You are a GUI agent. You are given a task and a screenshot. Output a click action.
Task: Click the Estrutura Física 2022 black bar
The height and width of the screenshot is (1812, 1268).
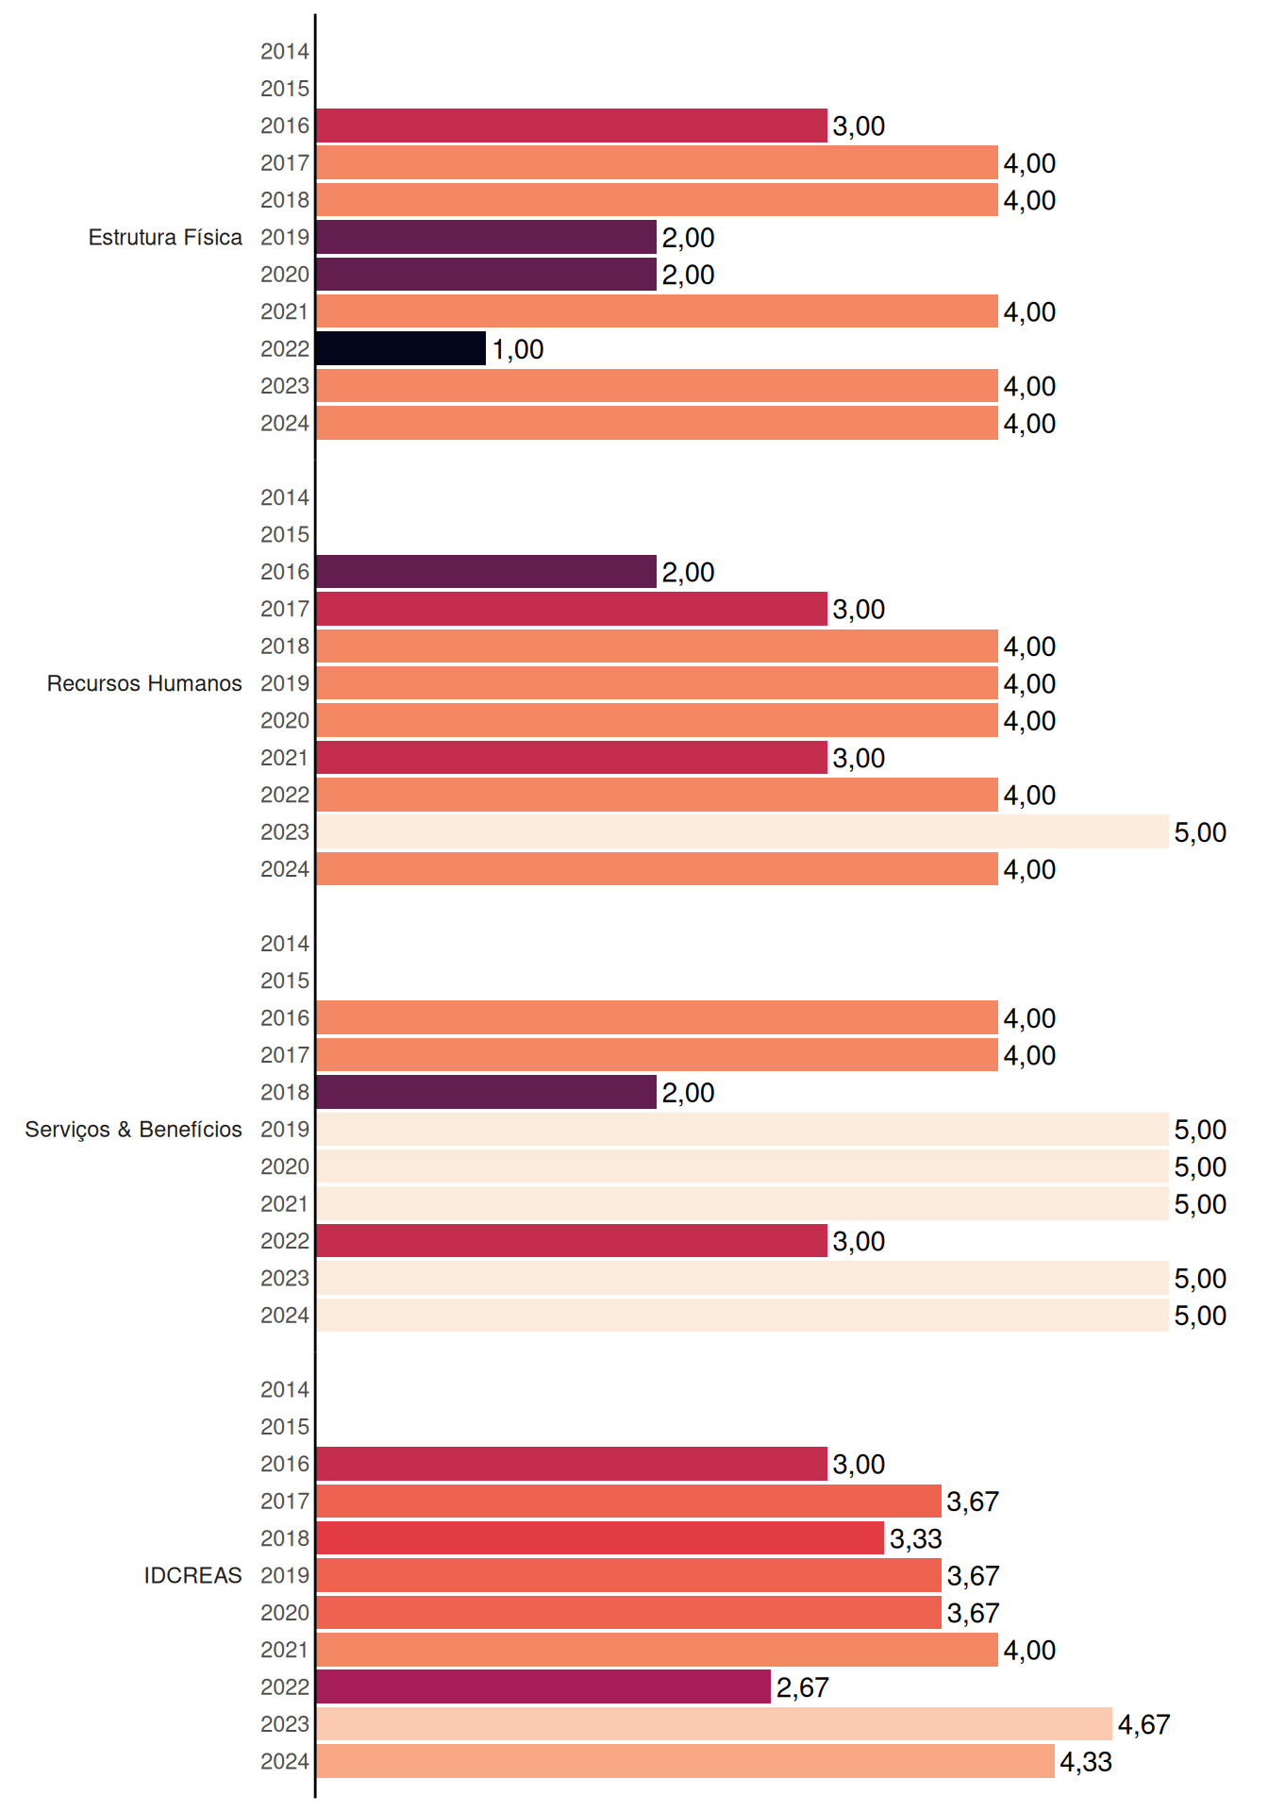[401, 348]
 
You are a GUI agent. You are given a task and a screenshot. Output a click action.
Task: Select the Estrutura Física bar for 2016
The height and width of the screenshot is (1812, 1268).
[572, 126]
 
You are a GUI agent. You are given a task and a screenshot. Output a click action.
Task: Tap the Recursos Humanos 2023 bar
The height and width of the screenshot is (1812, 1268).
[742, 831]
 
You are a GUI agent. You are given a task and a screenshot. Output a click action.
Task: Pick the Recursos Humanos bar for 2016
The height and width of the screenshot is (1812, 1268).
[486, 571]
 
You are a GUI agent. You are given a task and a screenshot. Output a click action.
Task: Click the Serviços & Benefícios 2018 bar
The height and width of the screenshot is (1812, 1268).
[486, 1092]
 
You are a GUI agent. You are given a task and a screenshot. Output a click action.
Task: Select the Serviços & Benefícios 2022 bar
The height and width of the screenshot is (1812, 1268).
[572, 1240]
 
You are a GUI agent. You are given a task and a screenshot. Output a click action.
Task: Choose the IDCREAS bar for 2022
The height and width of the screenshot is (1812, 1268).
[543, 1686]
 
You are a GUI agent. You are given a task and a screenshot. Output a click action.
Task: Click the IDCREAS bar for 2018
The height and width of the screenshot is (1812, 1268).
[600, 1537]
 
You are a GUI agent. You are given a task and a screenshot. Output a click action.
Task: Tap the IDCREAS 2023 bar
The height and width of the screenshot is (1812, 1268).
[714, 1723]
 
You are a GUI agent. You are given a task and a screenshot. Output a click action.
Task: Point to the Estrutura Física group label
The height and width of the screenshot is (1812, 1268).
[165, 237]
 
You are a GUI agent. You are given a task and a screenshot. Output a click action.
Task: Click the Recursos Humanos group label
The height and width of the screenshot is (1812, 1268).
[144, 683]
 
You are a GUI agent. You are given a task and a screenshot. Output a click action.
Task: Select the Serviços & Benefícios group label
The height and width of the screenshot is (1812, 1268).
[133, 1130]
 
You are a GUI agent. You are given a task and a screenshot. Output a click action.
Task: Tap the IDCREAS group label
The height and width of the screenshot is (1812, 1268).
[192, 1575]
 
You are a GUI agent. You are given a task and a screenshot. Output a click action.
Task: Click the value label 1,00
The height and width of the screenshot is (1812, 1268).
[518, 349]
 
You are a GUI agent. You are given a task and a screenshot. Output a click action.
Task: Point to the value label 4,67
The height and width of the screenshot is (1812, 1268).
[1143, 1725]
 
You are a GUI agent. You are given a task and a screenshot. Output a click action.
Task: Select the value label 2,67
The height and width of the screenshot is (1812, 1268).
[802, 1687]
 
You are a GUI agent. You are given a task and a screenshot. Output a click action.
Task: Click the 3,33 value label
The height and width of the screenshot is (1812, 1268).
[915, 1539]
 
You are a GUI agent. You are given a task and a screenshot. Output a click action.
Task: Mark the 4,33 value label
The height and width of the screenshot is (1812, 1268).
[1086, 1762]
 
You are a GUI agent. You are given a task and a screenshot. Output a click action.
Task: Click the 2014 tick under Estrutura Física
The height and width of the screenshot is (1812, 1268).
[285, 52]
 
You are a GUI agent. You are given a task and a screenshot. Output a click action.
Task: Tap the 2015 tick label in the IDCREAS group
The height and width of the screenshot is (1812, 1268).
[285, 1427]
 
